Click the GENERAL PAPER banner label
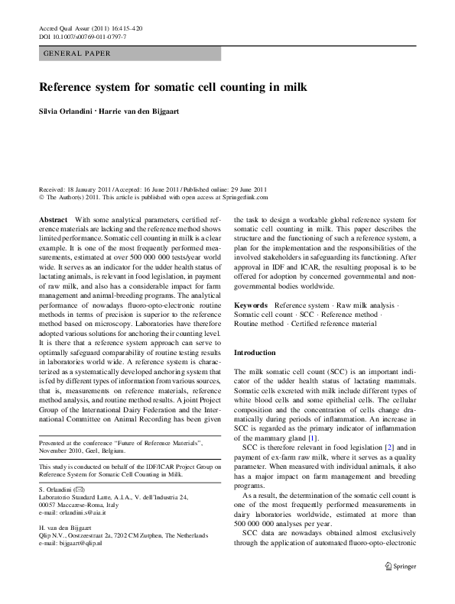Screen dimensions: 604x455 (77, 54)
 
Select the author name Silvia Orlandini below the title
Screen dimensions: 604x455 (69, 113)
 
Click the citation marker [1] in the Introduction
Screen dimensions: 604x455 (291, 438)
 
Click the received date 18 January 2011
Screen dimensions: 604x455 (91, 188)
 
